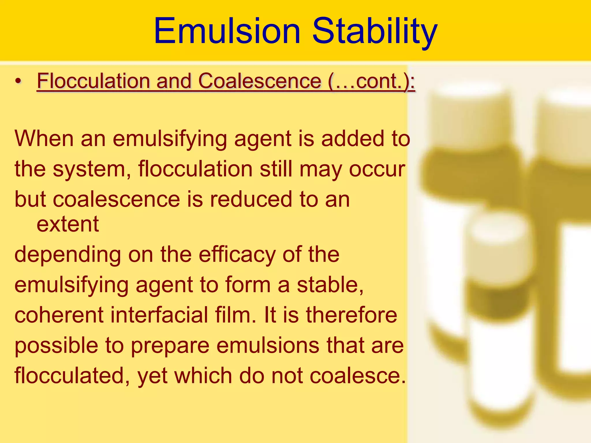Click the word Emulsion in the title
pyautogui.click(x=227, y=31)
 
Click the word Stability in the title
pyautogui.click(x=375, y=31)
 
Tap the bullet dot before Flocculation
pyautogui.click(x=18, y=81)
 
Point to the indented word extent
pyautogui.click(x=68, y=224)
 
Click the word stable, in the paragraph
pyautogui.click(x=330, y=285)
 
